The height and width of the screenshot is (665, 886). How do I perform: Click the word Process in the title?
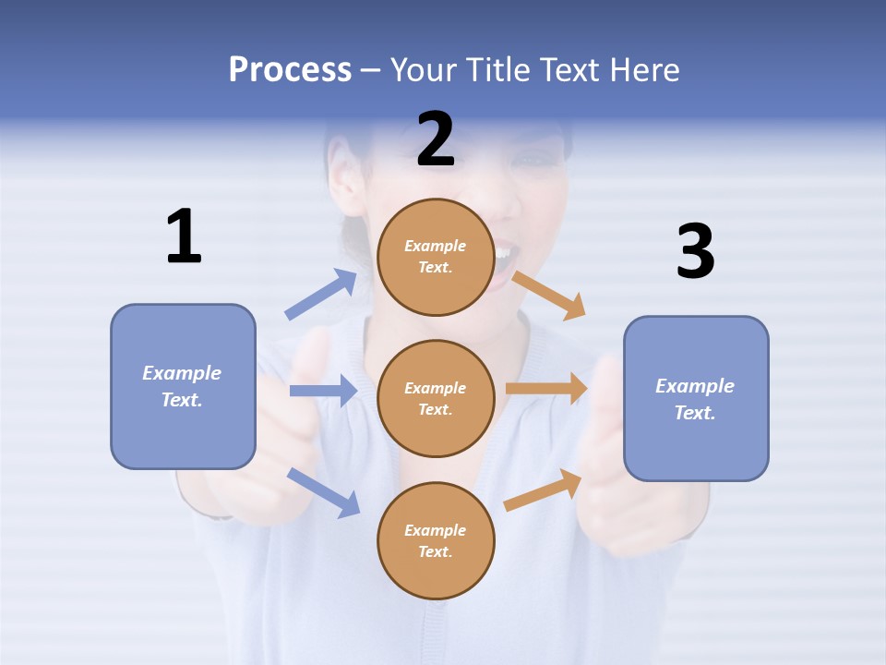pyautogui.click(x=290, y=69)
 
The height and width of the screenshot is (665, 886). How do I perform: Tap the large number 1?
pyautogui.click(x=184, y=236)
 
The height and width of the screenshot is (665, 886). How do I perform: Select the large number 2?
pyautogui.click(x=436, y=139)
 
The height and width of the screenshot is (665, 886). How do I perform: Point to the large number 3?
pyautogui.click(x=695, y=252)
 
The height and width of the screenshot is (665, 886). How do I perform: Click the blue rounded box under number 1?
pyautogui.click(x=183, y=386)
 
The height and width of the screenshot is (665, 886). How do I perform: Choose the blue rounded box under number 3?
pyautogui.click(x=696, y=398)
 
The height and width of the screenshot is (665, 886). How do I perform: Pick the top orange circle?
pyautogui.click(x=436, y=257)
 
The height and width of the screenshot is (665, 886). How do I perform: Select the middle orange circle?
pyautogui.click(x=436, y=398)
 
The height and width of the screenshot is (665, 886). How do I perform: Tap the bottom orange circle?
pyautogui.click(x=436, y=540)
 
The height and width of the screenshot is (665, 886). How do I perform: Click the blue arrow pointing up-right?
pyautogui.click(x=321, y=295)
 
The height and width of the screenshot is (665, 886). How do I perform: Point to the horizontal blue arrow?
pyautogui.click(x=323, y=391)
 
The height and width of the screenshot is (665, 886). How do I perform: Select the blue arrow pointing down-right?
pyautogui.click(x=323, y=492)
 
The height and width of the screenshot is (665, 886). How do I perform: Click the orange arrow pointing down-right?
pyautogui.click(x=549, y=295)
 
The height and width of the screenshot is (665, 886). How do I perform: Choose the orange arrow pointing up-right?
pyautogui.click(x=544, y=490)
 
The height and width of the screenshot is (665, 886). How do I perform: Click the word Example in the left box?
pyautogui.click(x=182, y=373)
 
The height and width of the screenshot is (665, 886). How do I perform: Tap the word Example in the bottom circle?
pyautogui.click(x=436, y=530)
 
